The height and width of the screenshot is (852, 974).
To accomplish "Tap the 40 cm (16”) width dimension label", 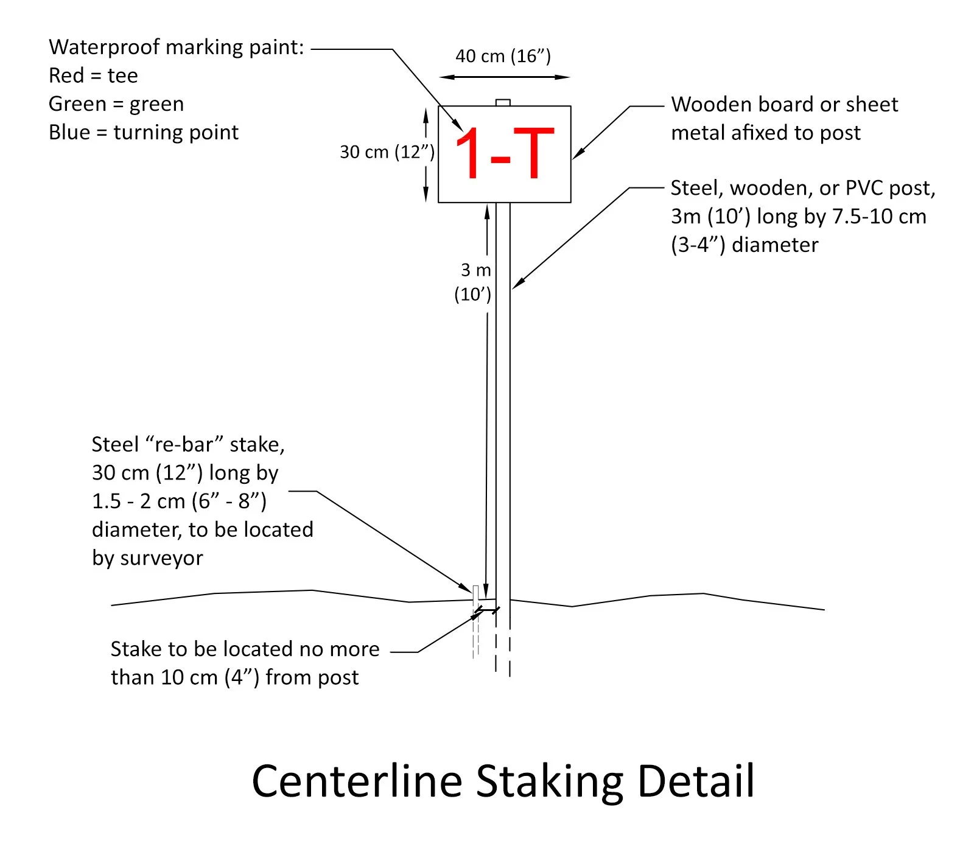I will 503,57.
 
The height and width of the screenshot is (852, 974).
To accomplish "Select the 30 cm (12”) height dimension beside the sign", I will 387,152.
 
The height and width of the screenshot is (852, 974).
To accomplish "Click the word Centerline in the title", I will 357,781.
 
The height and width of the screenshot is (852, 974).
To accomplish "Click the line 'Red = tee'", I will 93,76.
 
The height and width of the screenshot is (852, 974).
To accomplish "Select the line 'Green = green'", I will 116,104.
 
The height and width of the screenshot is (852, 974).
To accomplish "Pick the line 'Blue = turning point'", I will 144,133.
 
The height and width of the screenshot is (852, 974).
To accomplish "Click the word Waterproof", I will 103,47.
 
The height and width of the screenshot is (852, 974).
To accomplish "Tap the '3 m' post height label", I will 475,270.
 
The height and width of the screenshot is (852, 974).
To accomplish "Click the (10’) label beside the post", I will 472,295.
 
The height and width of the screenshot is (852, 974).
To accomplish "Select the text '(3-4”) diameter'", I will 744,245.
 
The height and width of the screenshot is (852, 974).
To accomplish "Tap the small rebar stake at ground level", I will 475,594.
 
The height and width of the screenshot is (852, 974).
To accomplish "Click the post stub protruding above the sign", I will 503,103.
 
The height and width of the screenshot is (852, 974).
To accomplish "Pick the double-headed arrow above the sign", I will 504,77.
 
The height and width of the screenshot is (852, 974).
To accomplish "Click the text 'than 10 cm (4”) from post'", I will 234,677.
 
